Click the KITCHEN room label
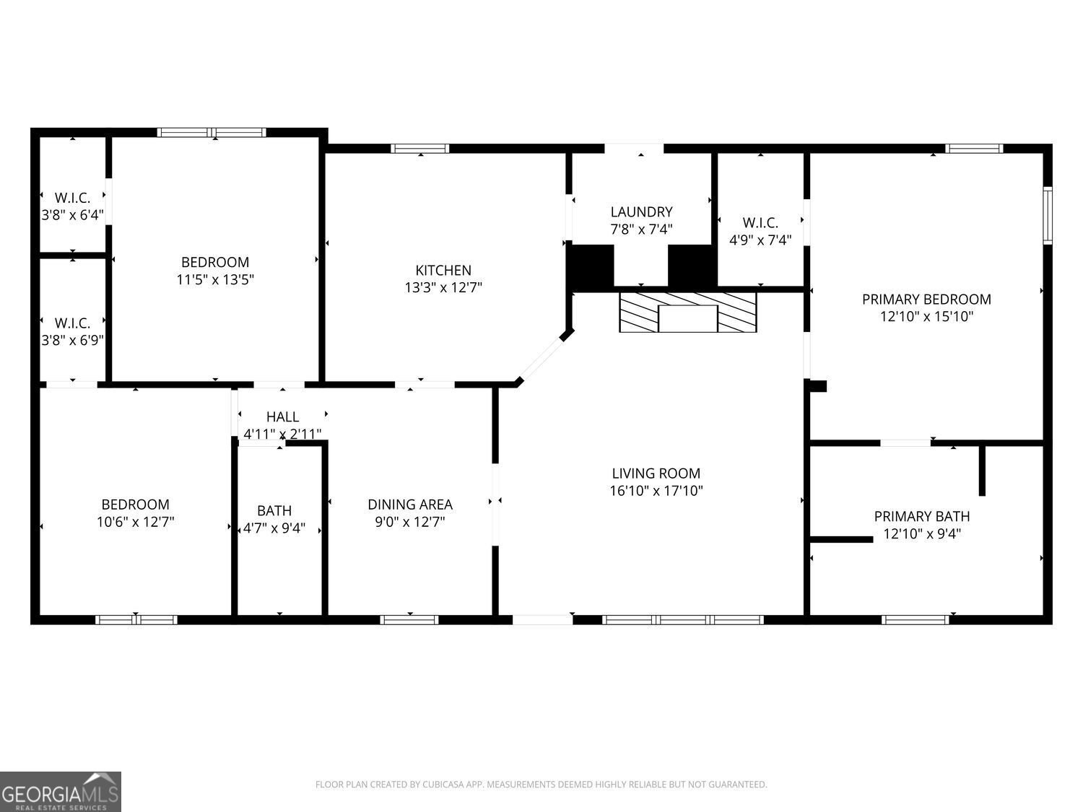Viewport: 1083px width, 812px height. (443, 270)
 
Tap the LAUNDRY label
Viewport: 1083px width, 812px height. (641, 211)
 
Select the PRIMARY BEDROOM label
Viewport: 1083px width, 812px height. (926, 299)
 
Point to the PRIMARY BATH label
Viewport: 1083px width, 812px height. (921, 516)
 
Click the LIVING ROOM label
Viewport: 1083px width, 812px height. (656, 473)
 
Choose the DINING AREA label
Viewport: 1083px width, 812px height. (410, 505)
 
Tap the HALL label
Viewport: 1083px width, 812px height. (282, 416)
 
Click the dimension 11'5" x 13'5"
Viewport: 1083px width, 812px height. (215, 279)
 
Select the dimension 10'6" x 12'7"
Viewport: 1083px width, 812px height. (135, 521)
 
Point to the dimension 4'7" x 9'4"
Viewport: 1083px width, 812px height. (274, 528)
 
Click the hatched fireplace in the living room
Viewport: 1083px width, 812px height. (687, 312)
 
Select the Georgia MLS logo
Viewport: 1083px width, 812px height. (61, 792)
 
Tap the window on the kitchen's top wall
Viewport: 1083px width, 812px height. (420, 149)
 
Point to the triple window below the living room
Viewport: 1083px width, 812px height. (683, 619)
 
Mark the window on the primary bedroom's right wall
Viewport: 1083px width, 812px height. (1048, 215)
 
